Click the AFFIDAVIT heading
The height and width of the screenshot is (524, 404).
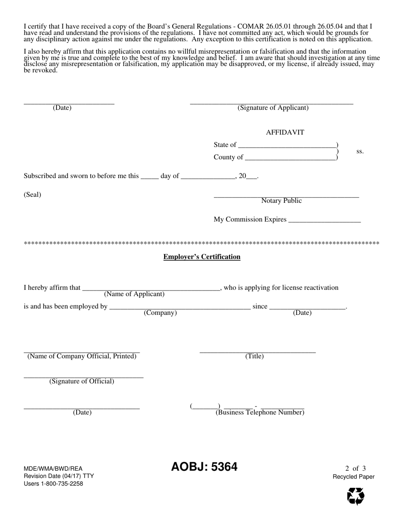285,132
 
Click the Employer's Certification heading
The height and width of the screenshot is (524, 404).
202,257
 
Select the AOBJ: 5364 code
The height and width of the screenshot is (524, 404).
204,467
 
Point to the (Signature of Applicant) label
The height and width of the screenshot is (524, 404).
273,108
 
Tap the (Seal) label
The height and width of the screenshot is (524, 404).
32,195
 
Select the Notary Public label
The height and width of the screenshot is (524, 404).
282,201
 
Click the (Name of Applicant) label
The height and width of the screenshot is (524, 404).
134,294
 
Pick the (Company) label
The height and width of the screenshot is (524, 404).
160,313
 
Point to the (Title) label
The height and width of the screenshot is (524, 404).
254,356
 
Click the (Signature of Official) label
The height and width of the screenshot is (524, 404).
82,381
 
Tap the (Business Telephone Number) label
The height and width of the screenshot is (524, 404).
260,412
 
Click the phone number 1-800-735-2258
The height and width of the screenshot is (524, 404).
61,484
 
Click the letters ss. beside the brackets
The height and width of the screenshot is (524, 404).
360,151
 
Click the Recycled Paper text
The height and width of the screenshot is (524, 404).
353,477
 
